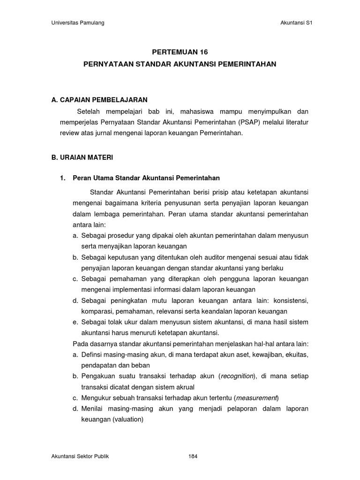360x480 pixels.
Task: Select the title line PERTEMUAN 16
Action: pos(180,52)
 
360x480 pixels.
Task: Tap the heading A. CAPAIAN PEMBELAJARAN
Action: pos(99,100)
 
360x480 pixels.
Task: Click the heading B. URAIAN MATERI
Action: pos(82,157)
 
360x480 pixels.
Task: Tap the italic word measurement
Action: pos(257,398)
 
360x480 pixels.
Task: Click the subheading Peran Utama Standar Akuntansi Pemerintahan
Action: pos(146,178)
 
